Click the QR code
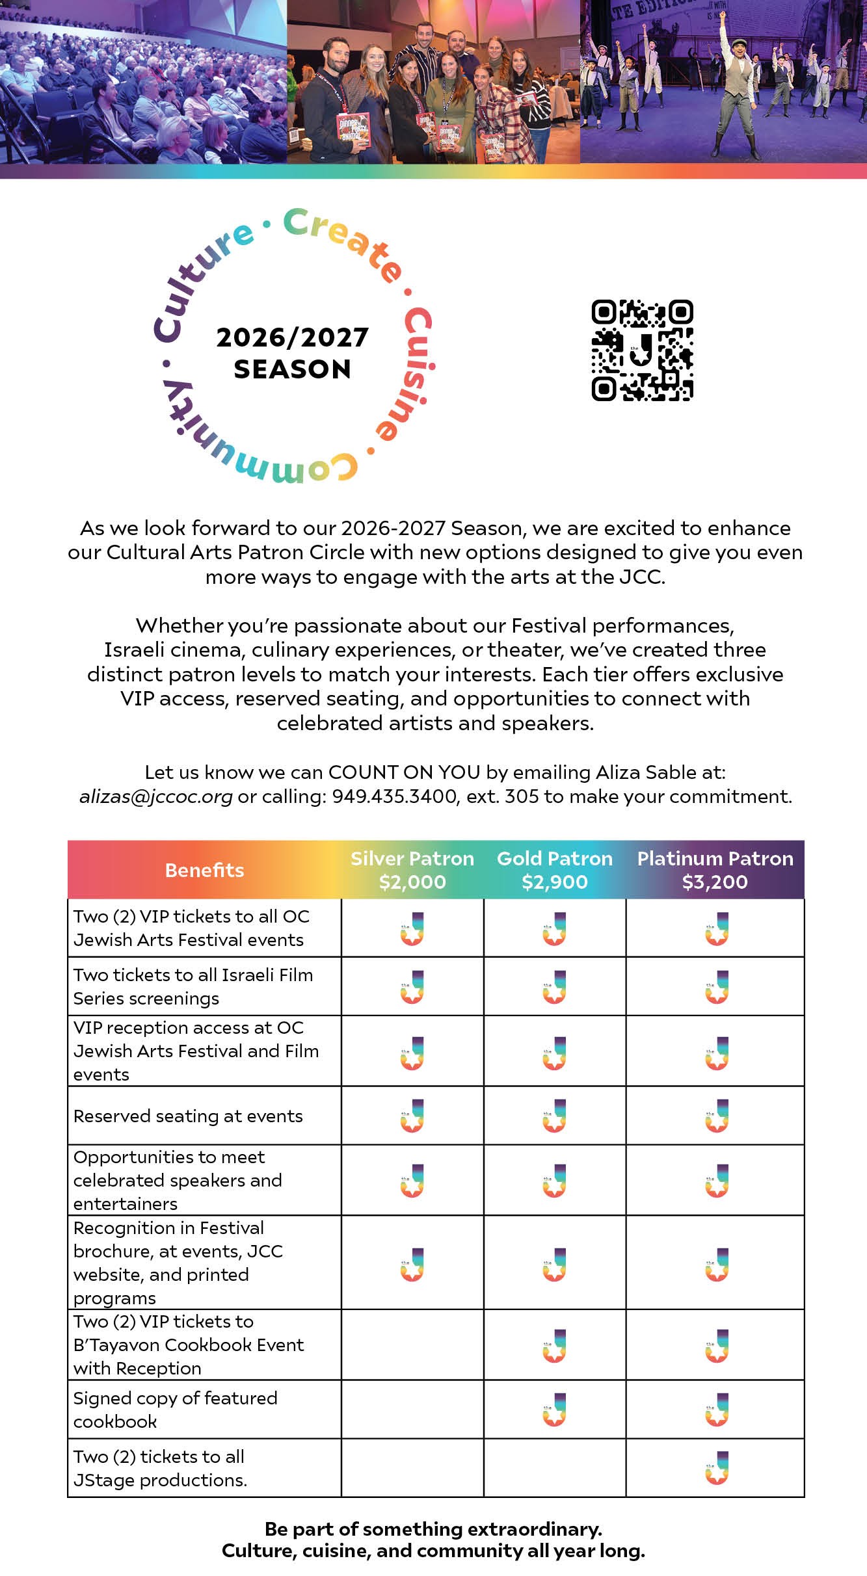pyautogui.click(x=642, y=350)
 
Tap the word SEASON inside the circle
pyautogui.click(x=293, y=369)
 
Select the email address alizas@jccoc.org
pyautogui.click(x=155, y=796)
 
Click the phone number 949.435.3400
pyautogui.click(x=394, y=796)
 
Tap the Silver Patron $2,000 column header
pyautogui.click(x=412, y=870)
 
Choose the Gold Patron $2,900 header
pyautogui.click(x=555, y=870)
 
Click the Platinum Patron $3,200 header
pyautogui.click(x=715, y=870)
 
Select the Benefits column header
pyautogui.click(x=204, y=870)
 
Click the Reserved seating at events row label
pyautogui.click(x=188, y=1116)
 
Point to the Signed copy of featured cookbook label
pyautogui.click(x=175, y=1410)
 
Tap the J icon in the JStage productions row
pyautogui.click(x=717, y=1468)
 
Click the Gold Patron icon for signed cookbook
pyautogui.click(x=555, y=1410)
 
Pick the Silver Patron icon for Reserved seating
pyautogui.click(x=412, y=1116)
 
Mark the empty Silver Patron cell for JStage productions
pyautogui.click(x=412, y=1468)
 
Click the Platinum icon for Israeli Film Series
pyautogui.click(x=717, y=986)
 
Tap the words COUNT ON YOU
pyautogui.click(x=405, y=772)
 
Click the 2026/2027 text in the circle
pyautogui.click(x=293, y=337)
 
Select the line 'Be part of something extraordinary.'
pyautogui.click(x=433, y=1529)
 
